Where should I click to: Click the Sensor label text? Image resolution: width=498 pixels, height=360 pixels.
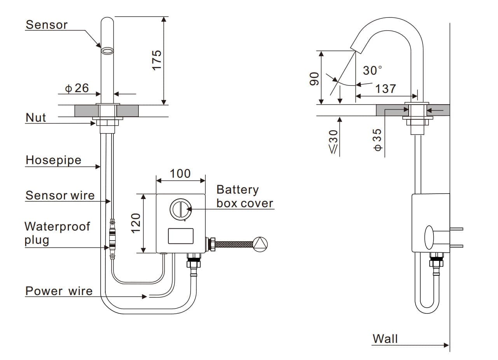click(46, 25)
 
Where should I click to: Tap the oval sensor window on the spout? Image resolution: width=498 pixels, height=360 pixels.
click(107, 51)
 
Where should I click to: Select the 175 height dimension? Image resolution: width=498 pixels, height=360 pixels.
click(157, 59)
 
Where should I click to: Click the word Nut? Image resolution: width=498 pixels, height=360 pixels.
click(36, 117)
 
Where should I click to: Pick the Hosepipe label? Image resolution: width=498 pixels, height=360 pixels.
click(53, 160)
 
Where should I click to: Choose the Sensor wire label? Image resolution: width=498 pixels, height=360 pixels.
click(60, 195)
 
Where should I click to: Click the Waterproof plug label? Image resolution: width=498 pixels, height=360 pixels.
click(57, 233)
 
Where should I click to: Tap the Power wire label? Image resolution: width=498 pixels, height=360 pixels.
click(59, 291)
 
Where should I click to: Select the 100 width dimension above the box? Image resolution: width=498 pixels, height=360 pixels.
click(180, 173)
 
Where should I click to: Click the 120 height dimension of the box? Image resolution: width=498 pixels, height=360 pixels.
click(136, 223)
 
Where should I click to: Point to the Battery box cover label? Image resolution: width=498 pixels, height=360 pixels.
click(245, 196)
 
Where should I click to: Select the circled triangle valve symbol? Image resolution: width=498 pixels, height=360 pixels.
click(260, 244)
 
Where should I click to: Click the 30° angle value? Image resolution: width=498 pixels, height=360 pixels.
click(372, 70)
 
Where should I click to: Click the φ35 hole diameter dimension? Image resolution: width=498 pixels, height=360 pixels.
click(377, 140)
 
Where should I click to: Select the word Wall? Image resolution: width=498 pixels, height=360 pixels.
click(385, 339)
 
